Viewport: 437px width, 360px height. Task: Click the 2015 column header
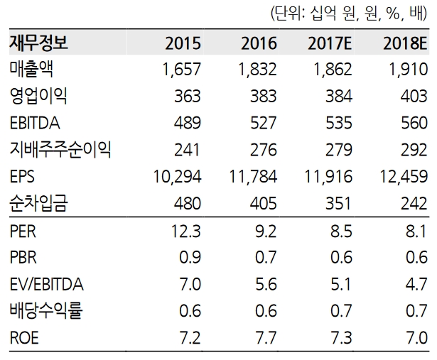click(x=182, y=43)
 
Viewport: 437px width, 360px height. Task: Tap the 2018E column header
click(x=404, y=43)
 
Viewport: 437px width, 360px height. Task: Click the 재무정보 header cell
click(x=39, y=43)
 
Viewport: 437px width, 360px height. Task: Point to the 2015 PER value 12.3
click(x=187, y=231)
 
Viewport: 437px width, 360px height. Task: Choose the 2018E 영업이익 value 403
click(x=413, y=96)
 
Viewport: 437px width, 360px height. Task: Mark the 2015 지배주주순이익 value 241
click(x=188, y=149)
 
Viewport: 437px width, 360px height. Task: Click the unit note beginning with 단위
click(x=348, y=13)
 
